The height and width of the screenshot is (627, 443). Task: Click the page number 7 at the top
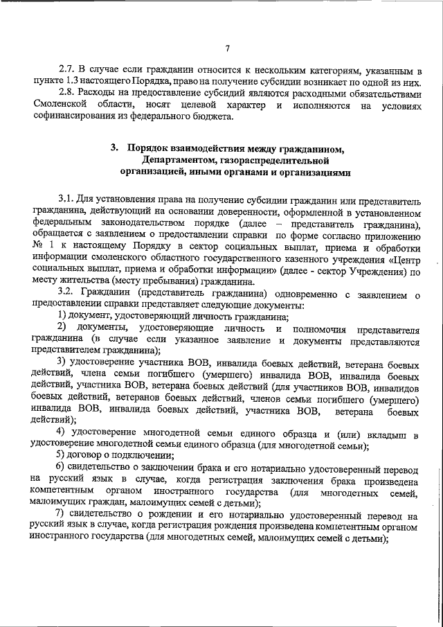click(x=227, y=48)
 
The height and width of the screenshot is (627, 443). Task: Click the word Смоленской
click(x=60, y=105)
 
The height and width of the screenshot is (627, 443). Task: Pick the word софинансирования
click(x=72, y=116)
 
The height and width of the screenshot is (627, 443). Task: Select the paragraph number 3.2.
click(x=66, y=292)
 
